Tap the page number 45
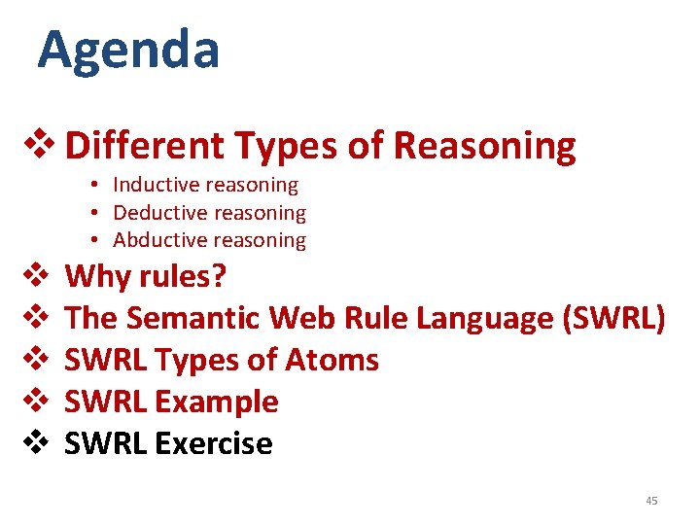pyautogui.click(x=651, y=501)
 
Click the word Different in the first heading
pyautogui.click(x=146, y=147)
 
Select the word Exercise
pyautogui.click(x=214, y=443)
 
